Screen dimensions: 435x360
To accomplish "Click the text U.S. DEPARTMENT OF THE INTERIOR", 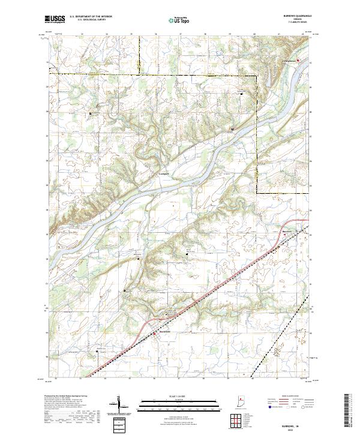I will pos(91,17).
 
